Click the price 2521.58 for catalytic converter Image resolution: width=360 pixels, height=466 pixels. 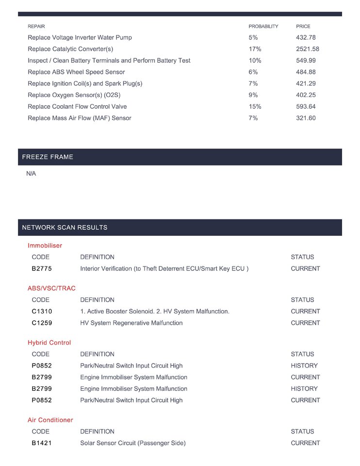click(x=307, y=49)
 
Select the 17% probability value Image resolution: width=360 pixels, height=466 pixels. click(x=255, y=49)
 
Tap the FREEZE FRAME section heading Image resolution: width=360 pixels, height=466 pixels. click(x=48, y=157)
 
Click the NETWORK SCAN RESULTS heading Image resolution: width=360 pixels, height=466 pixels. click(x=65, y=228)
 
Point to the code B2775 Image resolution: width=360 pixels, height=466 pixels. click(x=42, y=268)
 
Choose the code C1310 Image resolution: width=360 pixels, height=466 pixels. click(x=42, y=311)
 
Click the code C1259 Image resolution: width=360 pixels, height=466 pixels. click(x=42, y=323)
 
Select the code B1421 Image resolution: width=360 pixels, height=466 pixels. click(x=41, y=443)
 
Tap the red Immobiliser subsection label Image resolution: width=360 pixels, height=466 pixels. click(x=45, y=246)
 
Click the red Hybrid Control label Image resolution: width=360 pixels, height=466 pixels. click(x=49, y=343)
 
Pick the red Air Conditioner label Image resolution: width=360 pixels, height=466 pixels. click(x=50, y=420)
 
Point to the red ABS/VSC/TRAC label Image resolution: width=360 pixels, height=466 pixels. click(x=51, y=288)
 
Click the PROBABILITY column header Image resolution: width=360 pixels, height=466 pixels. click(x=263, y=26)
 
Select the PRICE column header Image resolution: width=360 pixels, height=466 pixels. click(x=303, y=26)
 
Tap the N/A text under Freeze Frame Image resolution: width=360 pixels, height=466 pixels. click(x=31, y=174)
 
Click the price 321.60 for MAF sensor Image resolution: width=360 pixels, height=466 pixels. click(x=306, y=118)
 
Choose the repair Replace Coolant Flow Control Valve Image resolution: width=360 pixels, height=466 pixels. click(x=77, y=106)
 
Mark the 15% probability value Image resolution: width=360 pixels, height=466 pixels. click(x=255, y=106)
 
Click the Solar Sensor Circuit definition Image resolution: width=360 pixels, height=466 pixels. click(x=133, y=443)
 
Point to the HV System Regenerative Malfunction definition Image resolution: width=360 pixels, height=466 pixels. click(x=131, y=323)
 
